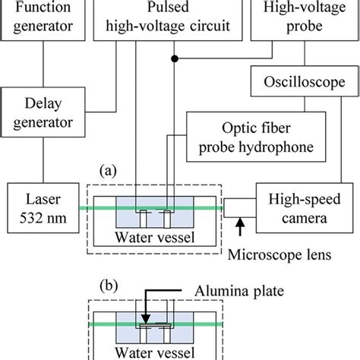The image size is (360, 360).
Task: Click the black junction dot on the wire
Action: (x=175, y=58)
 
